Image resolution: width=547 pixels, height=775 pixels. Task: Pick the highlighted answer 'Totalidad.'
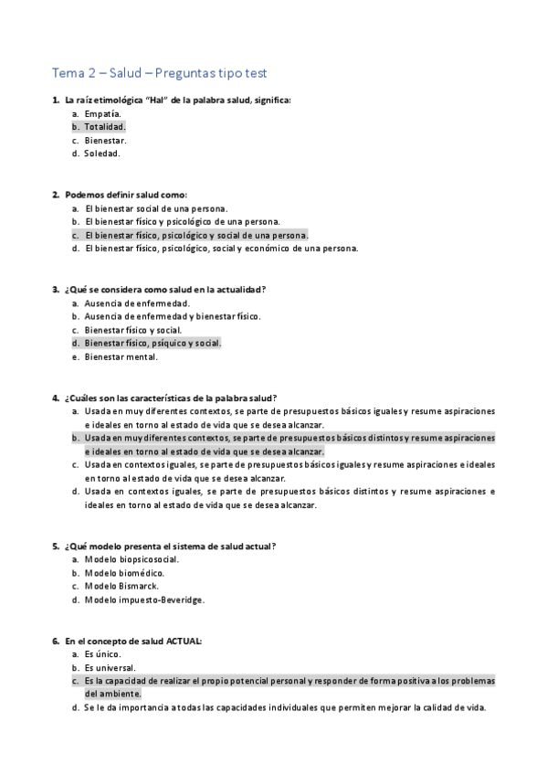(105, 126)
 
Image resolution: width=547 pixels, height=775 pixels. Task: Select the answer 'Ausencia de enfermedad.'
(137, 303)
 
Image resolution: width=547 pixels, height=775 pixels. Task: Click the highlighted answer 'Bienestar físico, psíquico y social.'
(153, 343)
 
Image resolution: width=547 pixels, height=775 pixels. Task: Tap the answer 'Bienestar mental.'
(121, 356)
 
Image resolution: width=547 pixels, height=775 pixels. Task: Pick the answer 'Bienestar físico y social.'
(132, 330)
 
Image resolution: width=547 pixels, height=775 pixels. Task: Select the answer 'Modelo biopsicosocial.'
(131, 559)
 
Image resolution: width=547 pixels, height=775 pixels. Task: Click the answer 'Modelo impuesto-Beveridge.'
(144, 600)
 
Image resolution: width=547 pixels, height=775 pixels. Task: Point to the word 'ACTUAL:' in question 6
(184, 641)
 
